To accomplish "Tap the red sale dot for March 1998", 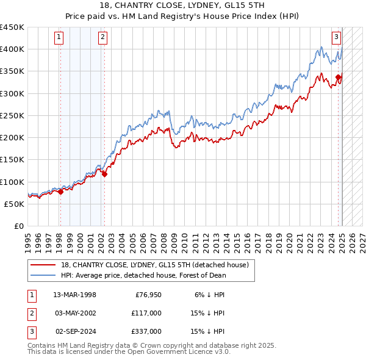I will coord(60,192).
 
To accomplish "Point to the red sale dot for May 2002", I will coord(104,174).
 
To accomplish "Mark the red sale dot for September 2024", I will coord(338,77).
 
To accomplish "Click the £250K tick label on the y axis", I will coord(12,115).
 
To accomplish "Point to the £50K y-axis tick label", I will coord(13,204).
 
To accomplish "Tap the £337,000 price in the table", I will coord(147,331).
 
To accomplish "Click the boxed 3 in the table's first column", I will coord(31,331).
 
